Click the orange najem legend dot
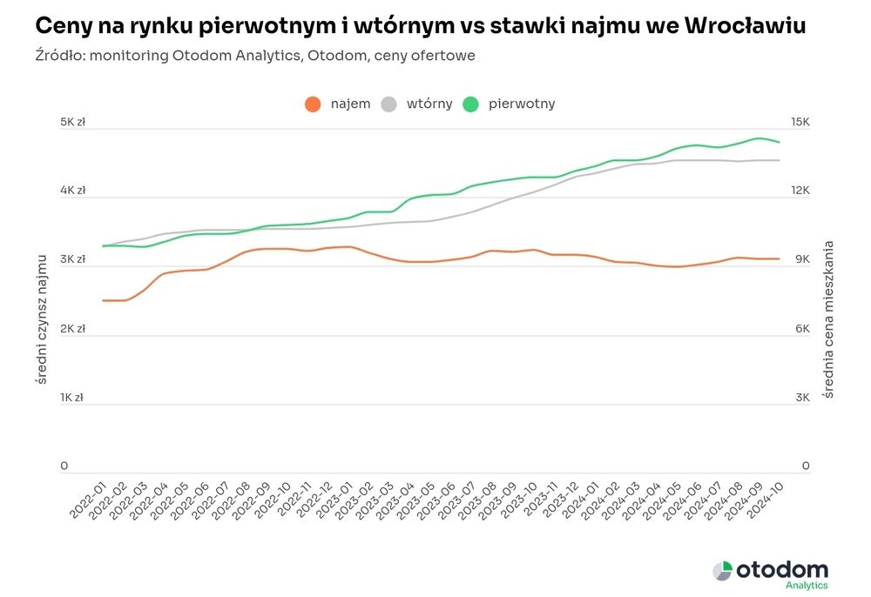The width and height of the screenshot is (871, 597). click(x=313, y=104)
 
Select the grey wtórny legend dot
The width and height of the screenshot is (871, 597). click(x=389, y=104)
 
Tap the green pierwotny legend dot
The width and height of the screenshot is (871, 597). click(x=471, y=104)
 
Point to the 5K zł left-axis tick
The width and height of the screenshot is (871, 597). click(x=72, y=123)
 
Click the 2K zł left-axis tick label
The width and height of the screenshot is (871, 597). click(x=72, y=329)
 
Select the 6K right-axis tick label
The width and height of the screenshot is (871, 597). click(x=800, y=329)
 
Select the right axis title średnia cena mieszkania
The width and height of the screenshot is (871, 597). click(x=828, y=320)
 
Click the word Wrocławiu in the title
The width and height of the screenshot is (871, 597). click(x=746, y=27)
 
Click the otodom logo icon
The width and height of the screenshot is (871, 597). click(x=722, y=571)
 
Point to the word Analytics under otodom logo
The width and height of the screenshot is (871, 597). click(x=807, y=586)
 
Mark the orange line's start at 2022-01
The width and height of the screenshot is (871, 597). click(x=104, y=300)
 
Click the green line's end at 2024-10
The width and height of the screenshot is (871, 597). click(x=779, y=142)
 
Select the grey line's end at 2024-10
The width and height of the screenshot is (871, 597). click(x=779, y=160)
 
